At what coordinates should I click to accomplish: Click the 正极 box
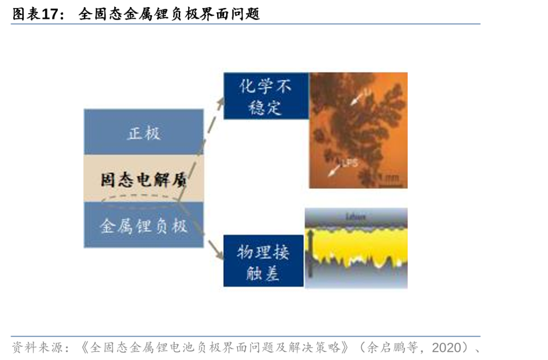click(144, 133)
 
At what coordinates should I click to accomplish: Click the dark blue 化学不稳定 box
click(266, 96)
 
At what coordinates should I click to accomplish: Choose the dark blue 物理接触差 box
click(263, 260)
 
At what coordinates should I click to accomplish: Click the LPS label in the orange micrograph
click(350, 163)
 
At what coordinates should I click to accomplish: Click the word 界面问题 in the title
click(236, 14)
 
